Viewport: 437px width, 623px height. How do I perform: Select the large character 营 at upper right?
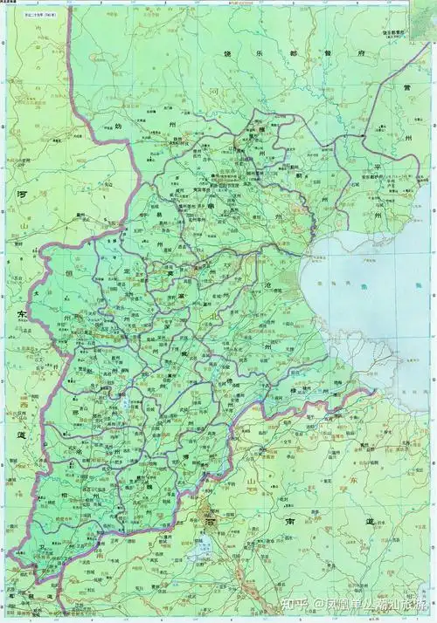tap(406, 89)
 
